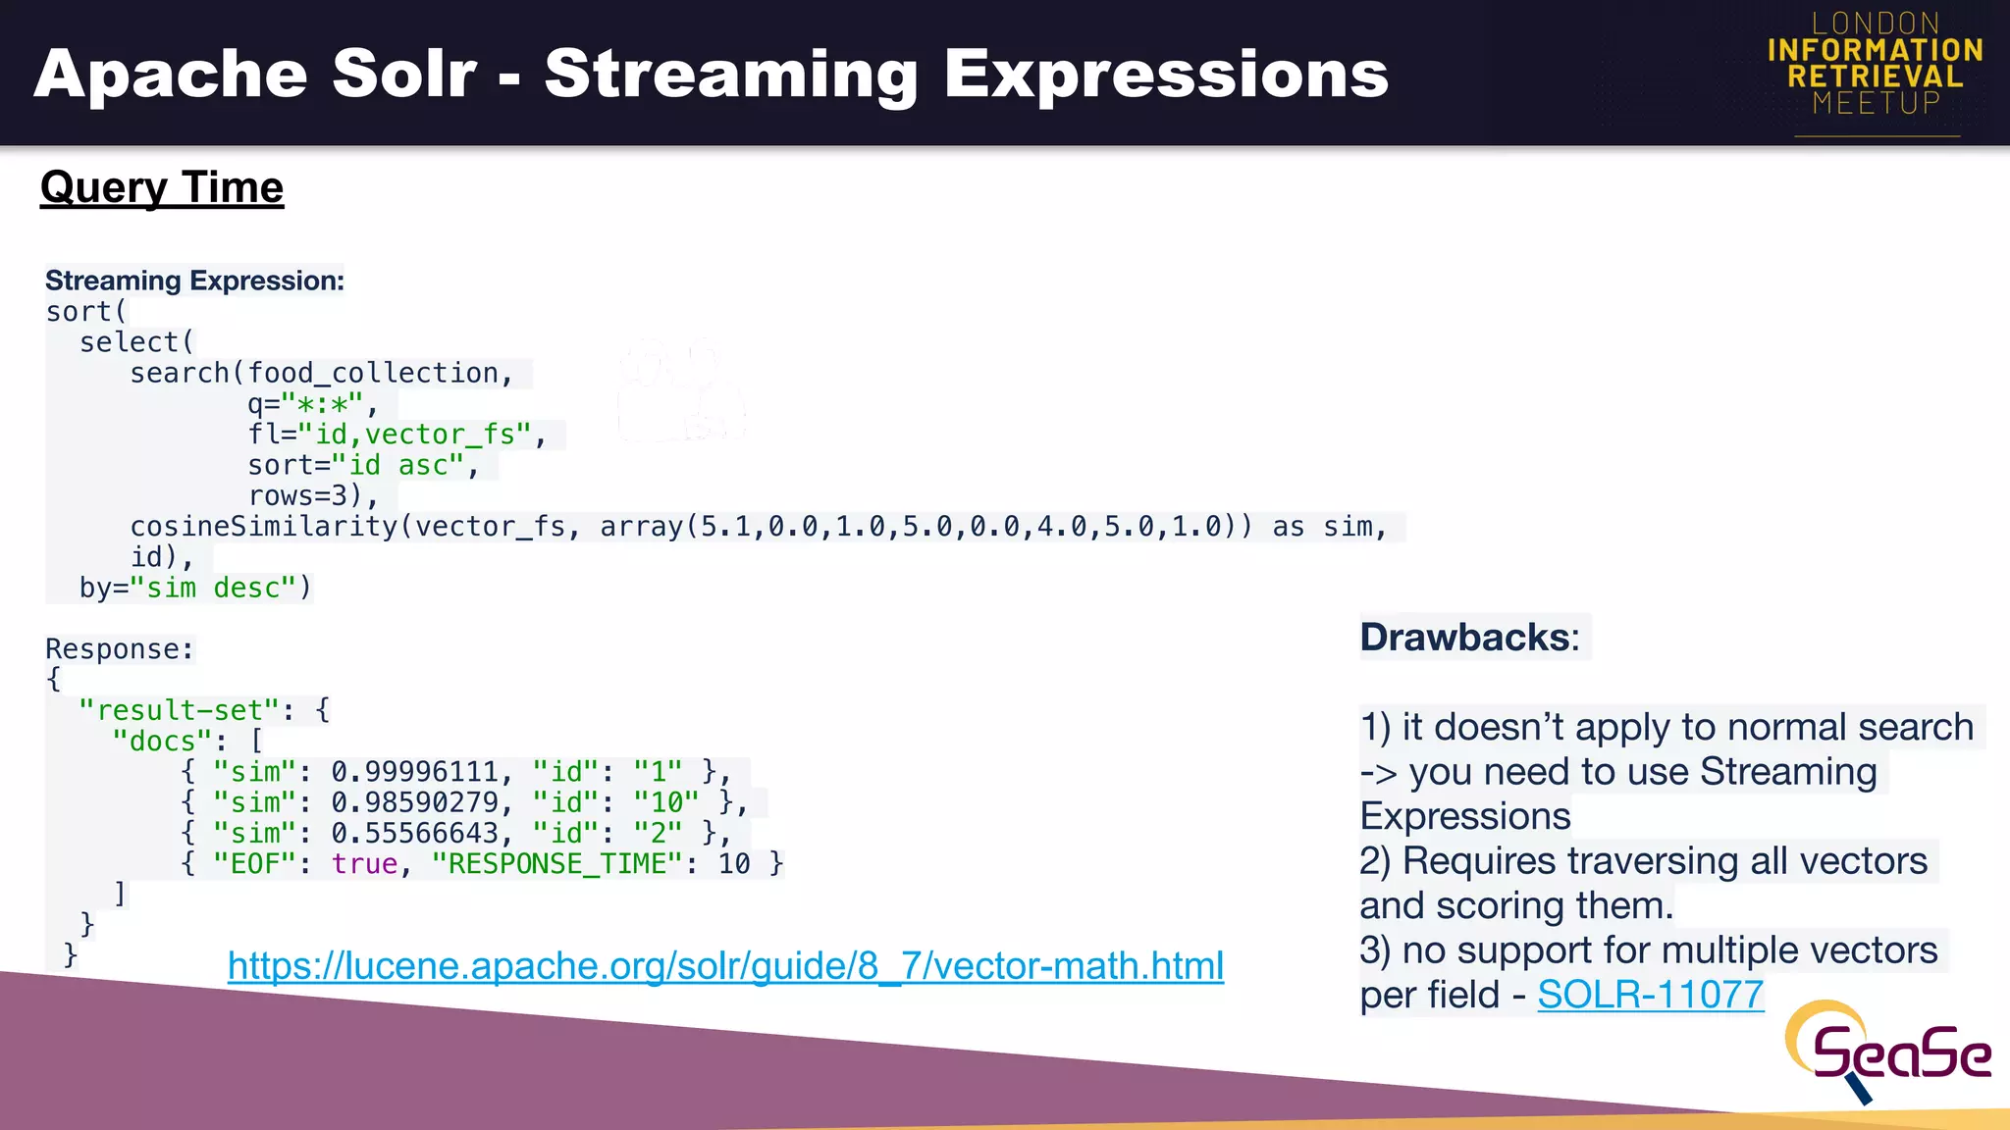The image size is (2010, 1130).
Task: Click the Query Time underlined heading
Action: pyautogui.click(x=162, y=187)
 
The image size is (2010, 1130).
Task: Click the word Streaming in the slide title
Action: pyautogui.click(x=730, y=76)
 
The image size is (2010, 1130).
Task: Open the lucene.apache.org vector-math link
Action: pyautogui.click(x=725, y=966)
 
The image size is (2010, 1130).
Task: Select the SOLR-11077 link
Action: pyautogui.click(x=1650, y=995)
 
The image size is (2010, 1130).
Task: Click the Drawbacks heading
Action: pyautogui.click(x=1468, y=638)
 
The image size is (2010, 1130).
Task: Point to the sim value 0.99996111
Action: pyautogui.click(x=414, y=772)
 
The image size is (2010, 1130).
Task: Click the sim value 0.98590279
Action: pyautogui.click(x=414, y=802)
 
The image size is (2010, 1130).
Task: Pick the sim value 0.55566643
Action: pyautogui.click(x=414, y=833)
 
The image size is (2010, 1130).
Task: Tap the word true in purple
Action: pyautogui.click(x=364, y=864)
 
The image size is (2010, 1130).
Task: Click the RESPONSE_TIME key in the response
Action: pyautogui.click(x=556, y=864)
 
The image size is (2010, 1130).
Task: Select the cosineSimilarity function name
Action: pyautogui.click(x=264, y=527)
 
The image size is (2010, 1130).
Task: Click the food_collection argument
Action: pyautogui.click(x=372, y=374)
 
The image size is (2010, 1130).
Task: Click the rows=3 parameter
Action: pyautogui.click(x=298, y=496)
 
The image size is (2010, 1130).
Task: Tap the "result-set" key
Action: pyautogui.click(x=179, y=710)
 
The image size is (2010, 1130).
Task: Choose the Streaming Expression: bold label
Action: pyautogui.click(x=194, y=281)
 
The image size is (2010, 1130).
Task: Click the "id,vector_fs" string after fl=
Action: pyautogui.click(x=414, y=435)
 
